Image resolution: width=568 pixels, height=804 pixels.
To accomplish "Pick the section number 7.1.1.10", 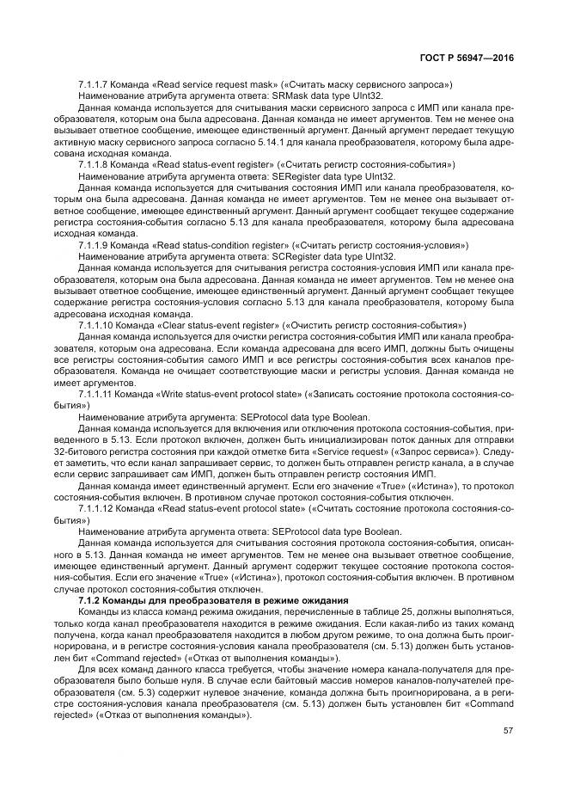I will click(x=95, y=324).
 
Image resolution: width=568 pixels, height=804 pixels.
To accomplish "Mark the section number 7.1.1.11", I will click(x=95, y=393).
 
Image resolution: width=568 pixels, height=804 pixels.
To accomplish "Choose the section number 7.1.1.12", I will click(x=95, y=509).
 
